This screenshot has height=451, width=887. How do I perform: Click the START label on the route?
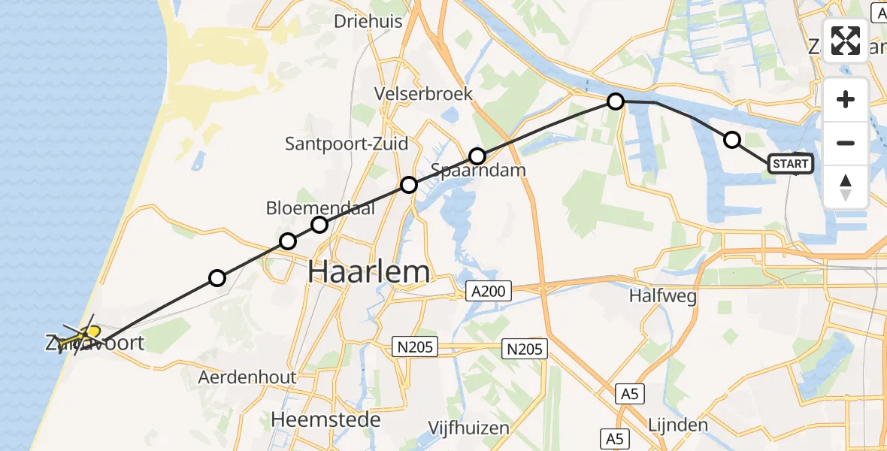point(790,164)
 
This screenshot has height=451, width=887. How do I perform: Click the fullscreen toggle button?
point(846,41)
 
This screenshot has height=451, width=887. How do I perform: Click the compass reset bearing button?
point(846,186)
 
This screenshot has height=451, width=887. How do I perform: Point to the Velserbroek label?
point(425,94)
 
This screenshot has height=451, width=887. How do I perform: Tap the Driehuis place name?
point(368,22)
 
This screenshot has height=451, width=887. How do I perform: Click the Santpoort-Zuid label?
point(347,144)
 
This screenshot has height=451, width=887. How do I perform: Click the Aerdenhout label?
point(247,377)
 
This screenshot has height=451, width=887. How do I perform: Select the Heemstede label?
point(326,419)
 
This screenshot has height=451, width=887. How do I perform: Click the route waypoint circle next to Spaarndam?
point(477,156)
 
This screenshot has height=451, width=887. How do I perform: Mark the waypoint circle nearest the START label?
point(731,140)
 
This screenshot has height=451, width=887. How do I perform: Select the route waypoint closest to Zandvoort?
point(217,278)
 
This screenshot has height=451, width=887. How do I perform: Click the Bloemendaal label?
point(320,208)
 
